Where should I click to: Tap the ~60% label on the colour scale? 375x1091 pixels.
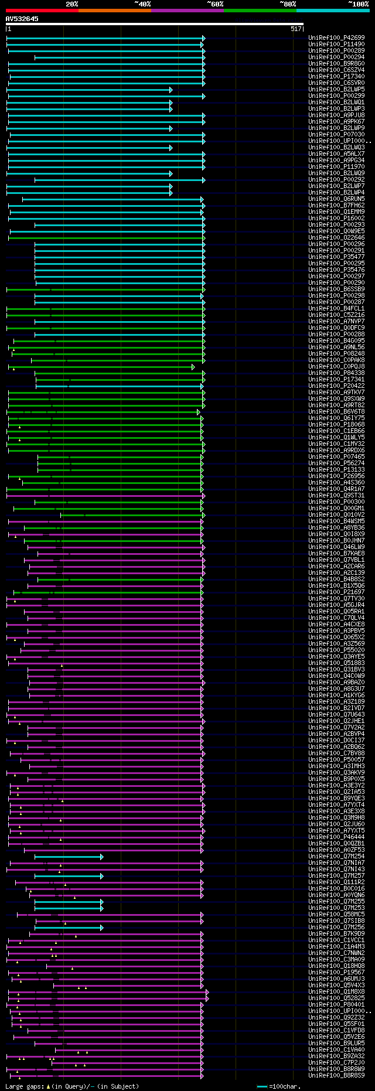click(x=215, y=4)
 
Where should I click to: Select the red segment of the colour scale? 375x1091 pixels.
click(x=42, y=10)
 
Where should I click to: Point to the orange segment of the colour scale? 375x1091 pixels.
click(x=114, y=10)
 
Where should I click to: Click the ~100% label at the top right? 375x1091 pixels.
click(x=358, y=4)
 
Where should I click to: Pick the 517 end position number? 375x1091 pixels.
click(x=296, y=29)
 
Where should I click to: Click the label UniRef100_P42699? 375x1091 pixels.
click(x=336, y=38)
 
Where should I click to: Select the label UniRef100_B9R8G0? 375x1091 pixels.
click(x=336, y=64)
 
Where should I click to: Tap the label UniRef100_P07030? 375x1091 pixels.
click(x=336, y=135)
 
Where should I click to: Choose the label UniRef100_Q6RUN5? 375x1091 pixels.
click(x=336, y=199)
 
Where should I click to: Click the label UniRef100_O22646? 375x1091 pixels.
click(x=336, y=238)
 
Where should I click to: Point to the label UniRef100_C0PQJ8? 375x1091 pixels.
click(x=336, y=367)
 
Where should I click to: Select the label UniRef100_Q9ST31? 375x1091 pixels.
click(x=336, y=496)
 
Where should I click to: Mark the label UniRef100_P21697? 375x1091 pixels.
click(x=336, y=592)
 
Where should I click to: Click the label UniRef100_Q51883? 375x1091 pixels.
click(x=336, y=663)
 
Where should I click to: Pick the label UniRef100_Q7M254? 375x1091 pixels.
click(x=336, y=857)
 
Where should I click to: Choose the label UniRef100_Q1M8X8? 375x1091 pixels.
click(x=336, y=992)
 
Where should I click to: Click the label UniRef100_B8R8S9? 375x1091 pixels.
click(x=336, y=1076)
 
